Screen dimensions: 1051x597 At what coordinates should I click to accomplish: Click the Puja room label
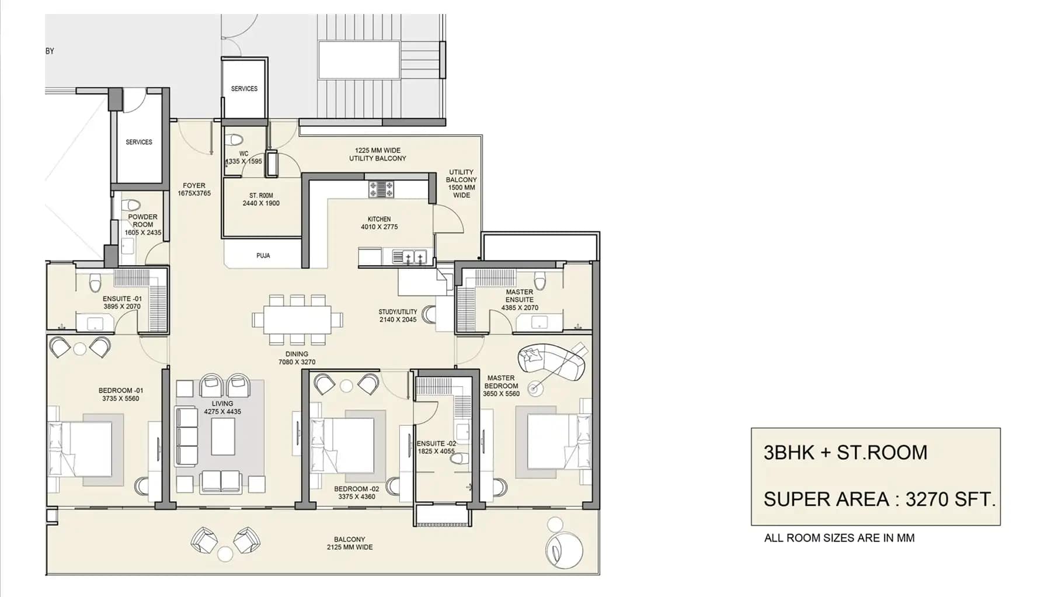[x=263, y=256]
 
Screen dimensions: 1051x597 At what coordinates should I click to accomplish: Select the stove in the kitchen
[x=381, y=189]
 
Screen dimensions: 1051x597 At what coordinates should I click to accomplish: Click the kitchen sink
[x=414, y=257]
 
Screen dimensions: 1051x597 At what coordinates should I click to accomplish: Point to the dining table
[x=297, y=320]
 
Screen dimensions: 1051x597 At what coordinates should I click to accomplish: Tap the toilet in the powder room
[x=134, y=206]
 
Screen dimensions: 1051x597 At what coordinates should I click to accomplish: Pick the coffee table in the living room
[x=223, y=436]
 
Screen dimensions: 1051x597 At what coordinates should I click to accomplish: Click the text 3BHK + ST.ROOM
[x=845, y=453]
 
